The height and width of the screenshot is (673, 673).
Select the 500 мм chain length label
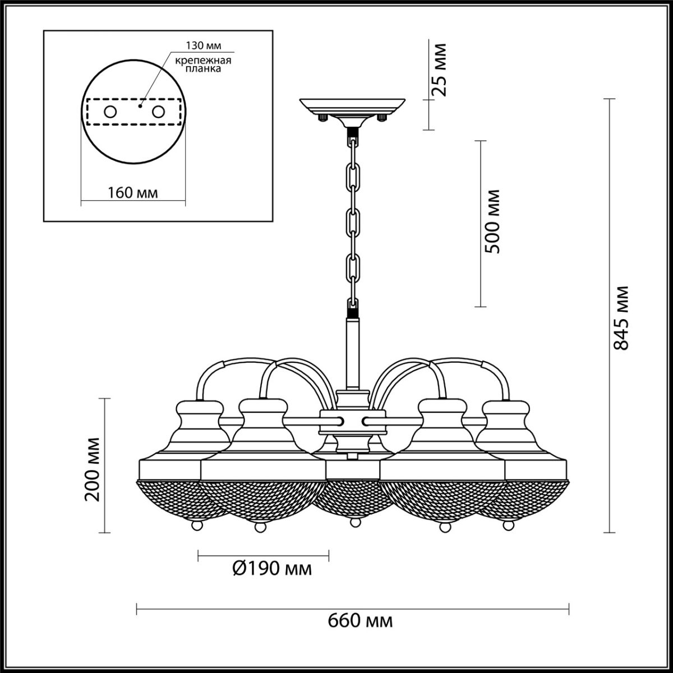492,222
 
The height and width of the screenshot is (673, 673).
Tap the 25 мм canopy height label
439,70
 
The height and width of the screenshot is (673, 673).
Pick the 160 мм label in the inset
132,192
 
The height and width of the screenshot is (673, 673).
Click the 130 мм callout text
203,45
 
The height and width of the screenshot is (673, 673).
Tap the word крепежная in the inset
203,61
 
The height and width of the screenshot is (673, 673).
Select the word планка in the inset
203,69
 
